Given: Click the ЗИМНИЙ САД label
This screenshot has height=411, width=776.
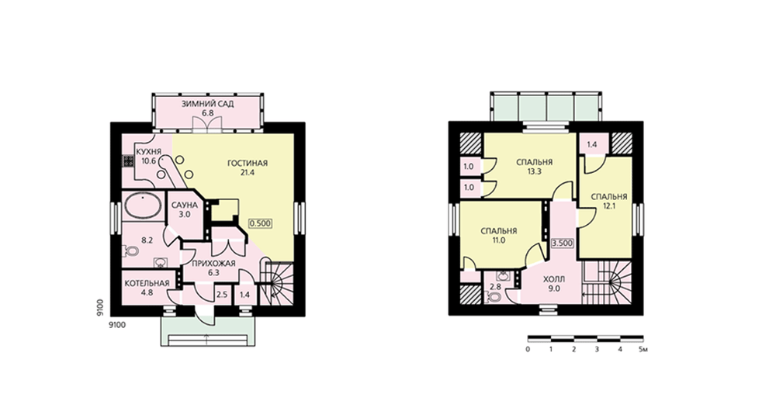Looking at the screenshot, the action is click(207, 105).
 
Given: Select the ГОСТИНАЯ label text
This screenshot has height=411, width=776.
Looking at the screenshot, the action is click(248, 163).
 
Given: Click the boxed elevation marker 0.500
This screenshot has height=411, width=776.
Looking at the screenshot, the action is click(260, 223).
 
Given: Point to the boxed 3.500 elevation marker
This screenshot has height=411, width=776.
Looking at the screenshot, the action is click(562, 243).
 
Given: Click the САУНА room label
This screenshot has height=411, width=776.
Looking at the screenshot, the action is click(185, 205).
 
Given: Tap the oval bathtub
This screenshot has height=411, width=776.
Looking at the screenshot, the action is click(143, 205).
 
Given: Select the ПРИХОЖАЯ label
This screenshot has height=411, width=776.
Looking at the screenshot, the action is click(207, 263).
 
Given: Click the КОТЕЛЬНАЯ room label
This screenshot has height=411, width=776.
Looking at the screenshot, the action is click(147, 283).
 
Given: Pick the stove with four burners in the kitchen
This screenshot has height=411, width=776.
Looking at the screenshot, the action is click(128, 161).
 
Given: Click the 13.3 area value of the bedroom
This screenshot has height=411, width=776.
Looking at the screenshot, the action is click(534, 171).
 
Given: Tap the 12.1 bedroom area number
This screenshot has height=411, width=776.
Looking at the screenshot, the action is click(609, 206).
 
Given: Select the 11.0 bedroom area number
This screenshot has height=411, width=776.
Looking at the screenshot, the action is click(499, 240).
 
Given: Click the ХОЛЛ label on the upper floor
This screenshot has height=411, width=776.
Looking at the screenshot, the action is click(554, 279).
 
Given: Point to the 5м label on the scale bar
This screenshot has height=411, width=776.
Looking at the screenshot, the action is click(643, 350).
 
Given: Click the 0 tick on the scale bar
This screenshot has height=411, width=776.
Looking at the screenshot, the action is click(528, 350).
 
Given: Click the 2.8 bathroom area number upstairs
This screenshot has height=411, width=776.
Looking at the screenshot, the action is click(495, 287).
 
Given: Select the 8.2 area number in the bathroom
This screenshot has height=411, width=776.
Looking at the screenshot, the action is click(147, 241).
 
